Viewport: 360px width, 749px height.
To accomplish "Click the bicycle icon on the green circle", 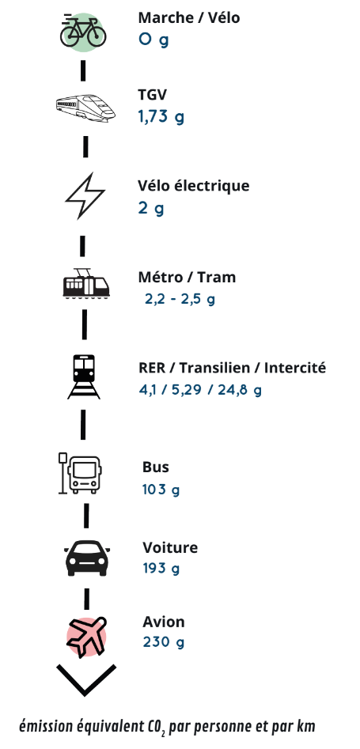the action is tap(83, 31).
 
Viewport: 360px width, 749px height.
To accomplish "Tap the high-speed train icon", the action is tap(86, 107).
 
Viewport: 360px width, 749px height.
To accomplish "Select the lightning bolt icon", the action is tap(85, 196).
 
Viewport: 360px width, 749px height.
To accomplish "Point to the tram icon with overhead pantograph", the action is tap(86, 284).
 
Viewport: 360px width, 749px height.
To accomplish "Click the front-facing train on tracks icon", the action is tap(84, 376).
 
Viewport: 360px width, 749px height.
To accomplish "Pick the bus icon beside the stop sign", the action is tap(80, 474).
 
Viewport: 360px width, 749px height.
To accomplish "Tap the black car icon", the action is tap(87, 558).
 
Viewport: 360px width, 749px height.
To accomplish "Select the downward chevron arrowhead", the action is tap(86, 679).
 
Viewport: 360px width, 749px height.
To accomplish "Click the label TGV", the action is tap(153, 95).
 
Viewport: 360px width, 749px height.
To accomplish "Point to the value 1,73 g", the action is tap(161, 116).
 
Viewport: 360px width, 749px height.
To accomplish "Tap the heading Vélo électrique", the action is tap(194, 185).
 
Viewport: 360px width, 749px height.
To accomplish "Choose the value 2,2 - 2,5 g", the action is tap(180, 300).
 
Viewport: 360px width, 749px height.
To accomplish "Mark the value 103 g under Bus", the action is tap(161, 490).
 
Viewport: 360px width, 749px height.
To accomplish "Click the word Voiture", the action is tap(170, 547).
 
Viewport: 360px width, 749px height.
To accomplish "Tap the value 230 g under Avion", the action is tap(163, 642).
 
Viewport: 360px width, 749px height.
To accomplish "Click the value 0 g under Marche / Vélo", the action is tap(153, 40).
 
